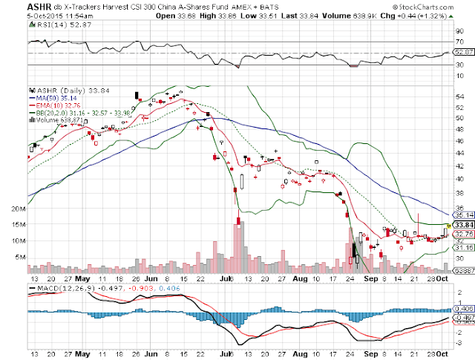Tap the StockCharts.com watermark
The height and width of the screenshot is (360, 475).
coord(443,7)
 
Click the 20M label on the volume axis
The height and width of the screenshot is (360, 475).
coord(19,209)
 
